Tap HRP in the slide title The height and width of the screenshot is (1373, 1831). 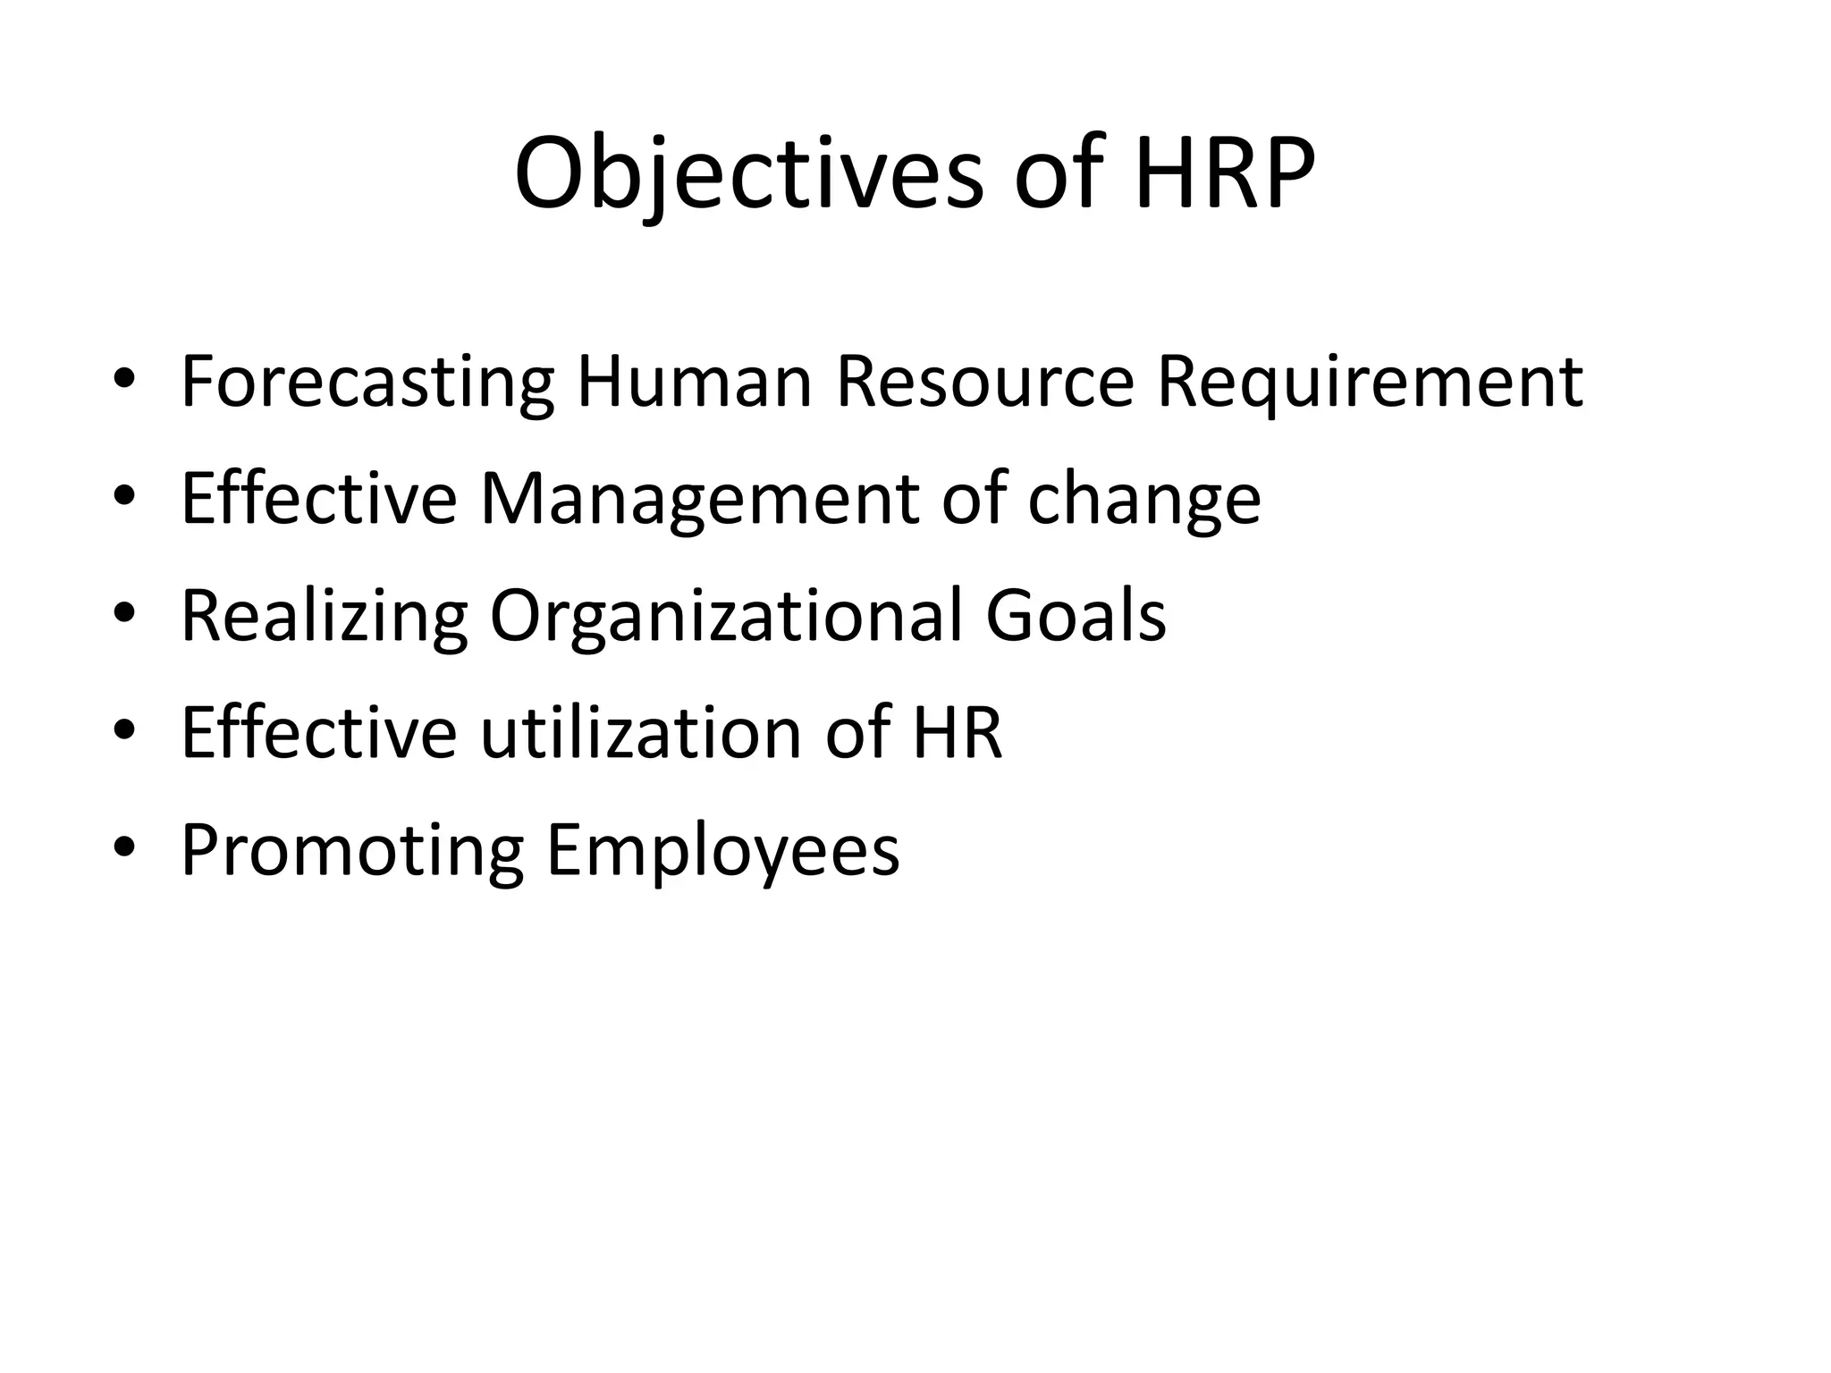[x=1225, y=173]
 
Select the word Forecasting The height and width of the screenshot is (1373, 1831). [x=367, y=383]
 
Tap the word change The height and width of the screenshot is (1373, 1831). [x=1143, y=500]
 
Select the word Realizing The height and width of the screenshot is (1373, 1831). [x=325, y=617]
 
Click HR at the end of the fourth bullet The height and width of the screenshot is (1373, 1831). [x=958, y=732]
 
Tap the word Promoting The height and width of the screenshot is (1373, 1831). [x=351, y=851]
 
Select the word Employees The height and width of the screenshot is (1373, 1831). [x=722, y=851]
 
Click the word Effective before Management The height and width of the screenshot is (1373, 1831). [x=319, y=498]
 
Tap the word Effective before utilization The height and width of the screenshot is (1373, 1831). [x=319, y=732]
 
